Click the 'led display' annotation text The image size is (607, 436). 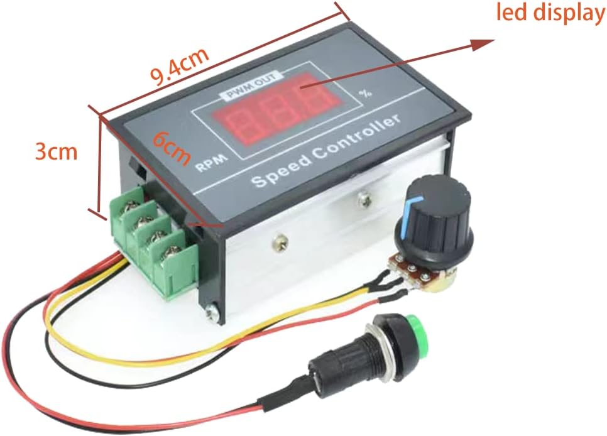pos(550,13)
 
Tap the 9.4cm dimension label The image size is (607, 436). pos(178,67)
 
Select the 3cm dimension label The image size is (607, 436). pos(56,151)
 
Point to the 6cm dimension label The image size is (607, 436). pos(172,147)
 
